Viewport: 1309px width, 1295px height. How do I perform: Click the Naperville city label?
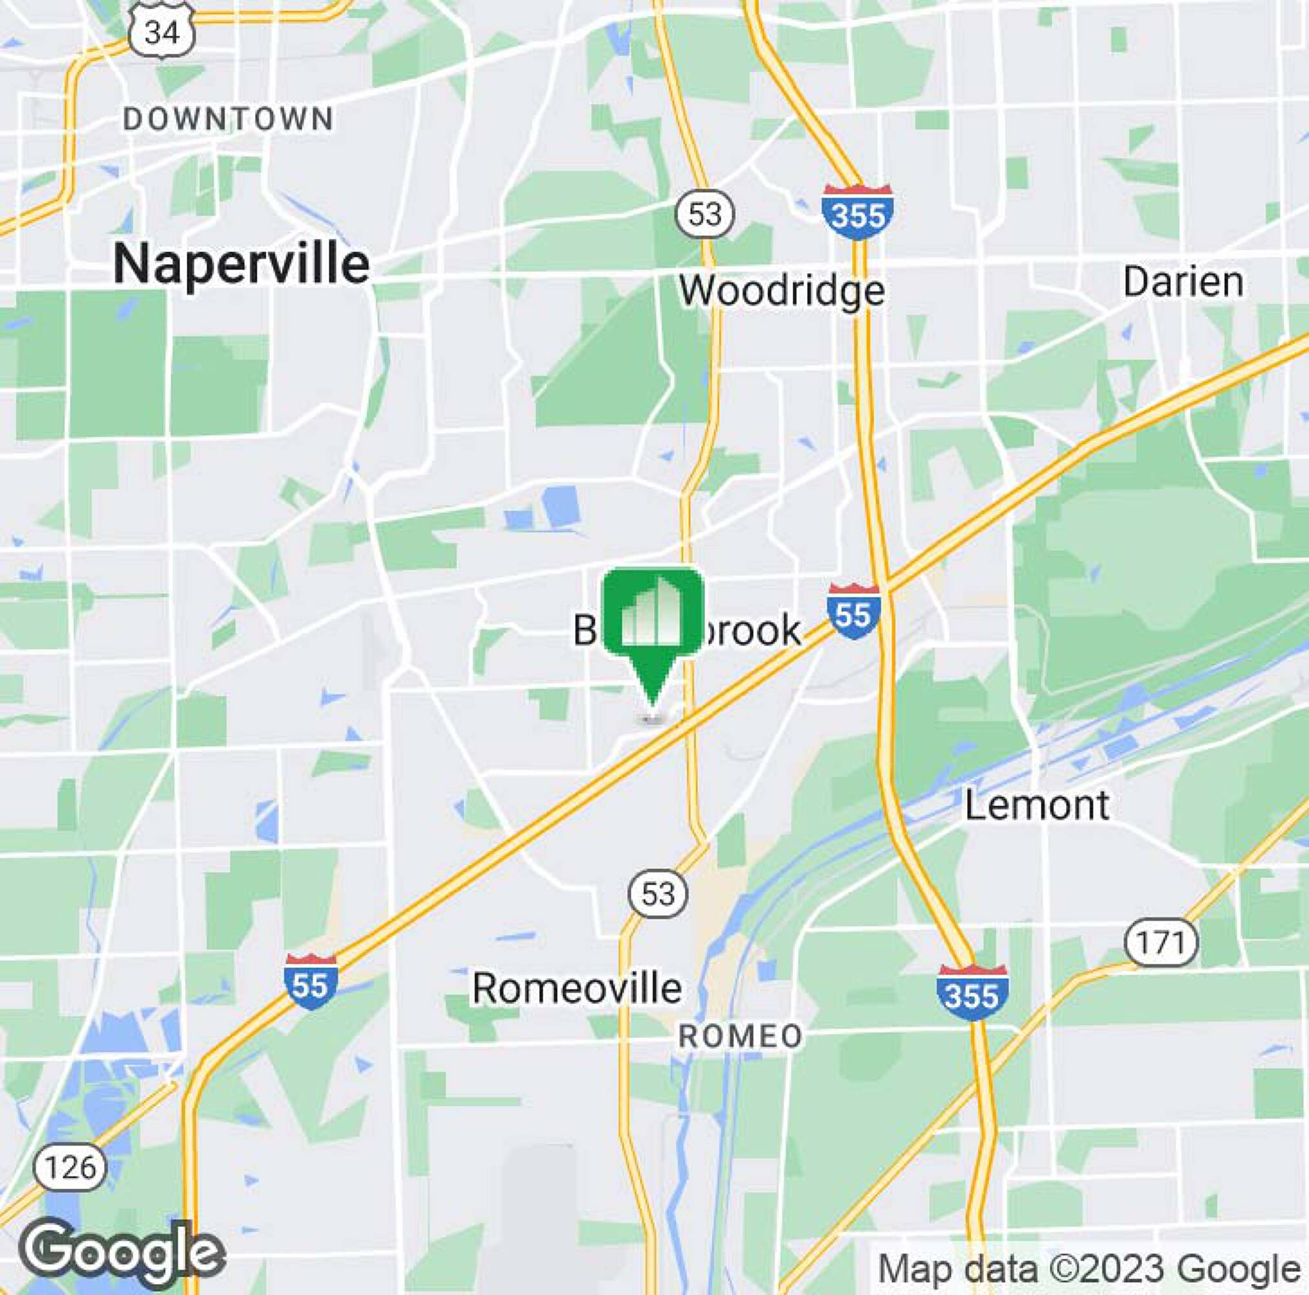pyautogui.click(x=241, y=264)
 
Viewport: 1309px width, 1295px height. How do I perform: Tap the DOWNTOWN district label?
pyautogui.click(x=229, y=120)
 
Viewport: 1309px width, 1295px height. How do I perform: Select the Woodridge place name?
pyautogui.click(x=782, y=291)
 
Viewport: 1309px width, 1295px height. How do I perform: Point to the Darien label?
pyautogui.click(x=1183, y=282)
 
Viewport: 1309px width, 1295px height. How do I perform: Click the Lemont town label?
pyautogui.click(x=1036, y=805)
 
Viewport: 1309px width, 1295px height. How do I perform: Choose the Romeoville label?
pyautogui.click(x=577, y=988)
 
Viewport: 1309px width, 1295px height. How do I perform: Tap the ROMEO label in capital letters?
pyautogui.click(x=741, y=1037)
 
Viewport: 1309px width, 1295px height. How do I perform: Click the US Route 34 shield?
pyautogui.click(x=162, y=31)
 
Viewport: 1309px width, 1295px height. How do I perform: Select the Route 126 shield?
pyautogui.click(x=71, y=1167)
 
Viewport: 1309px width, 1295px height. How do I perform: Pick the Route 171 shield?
pyautogui.click(x=1161, y=943)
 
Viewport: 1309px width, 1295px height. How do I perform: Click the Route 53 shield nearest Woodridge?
pyautogui.click(x=705, y=215)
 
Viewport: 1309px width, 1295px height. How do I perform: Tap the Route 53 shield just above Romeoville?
pyautogui.click(x=658, y=894)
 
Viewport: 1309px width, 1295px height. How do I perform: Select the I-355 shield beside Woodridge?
pyautogui.click(x=857, y=212)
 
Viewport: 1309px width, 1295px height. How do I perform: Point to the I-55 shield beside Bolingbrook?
pyautogui.click(x=853, y=612)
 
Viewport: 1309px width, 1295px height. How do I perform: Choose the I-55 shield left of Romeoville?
pyautogui.click(x=310, y=983)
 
